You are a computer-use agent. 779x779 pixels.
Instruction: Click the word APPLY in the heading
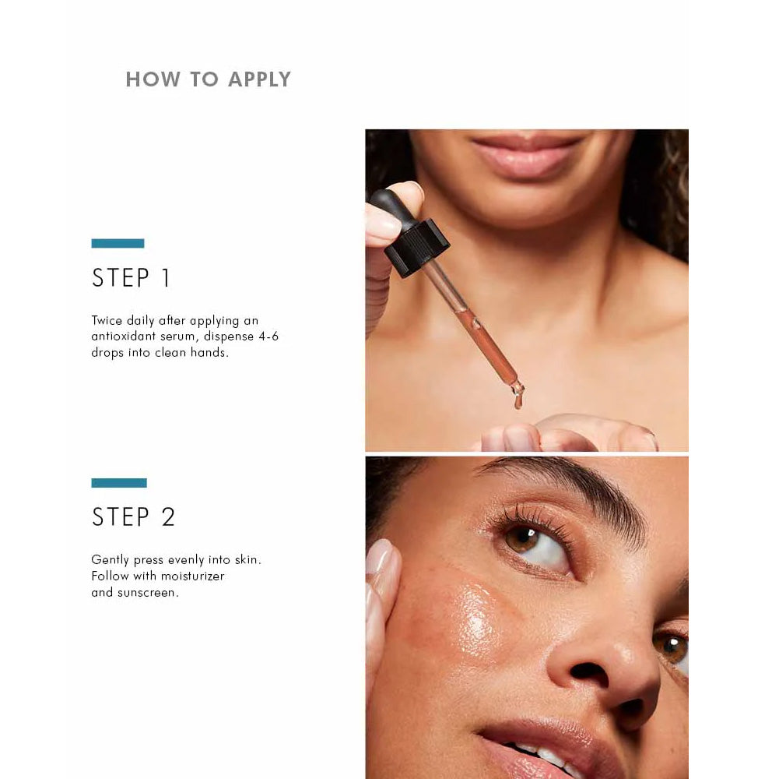click(259, 79)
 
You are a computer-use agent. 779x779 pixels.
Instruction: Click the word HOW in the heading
click(153, 79)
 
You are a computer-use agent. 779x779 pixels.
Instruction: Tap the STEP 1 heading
click(132, 277)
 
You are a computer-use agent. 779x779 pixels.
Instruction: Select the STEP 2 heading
click(134, 516)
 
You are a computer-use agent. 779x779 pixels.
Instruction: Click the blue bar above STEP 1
click(118, 243)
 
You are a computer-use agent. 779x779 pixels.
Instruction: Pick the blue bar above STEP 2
click(119, 482)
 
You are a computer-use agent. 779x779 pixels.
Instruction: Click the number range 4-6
click(268, 337)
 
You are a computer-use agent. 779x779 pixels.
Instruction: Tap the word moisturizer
click(197, 576)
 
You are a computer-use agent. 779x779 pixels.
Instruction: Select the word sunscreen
click(148, 593)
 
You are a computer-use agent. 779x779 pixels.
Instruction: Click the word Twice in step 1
click(107, 320)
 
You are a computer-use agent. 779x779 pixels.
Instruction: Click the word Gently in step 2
click(110, 560)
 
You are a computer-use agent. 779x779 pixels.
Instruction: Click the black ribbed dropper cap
click(416, 247)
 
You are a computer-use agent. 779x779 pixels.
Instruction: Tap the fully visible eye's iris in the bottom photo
click(521, 539)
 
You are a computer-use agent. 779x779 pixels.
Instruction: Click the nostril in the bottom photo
click(590, 673)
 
